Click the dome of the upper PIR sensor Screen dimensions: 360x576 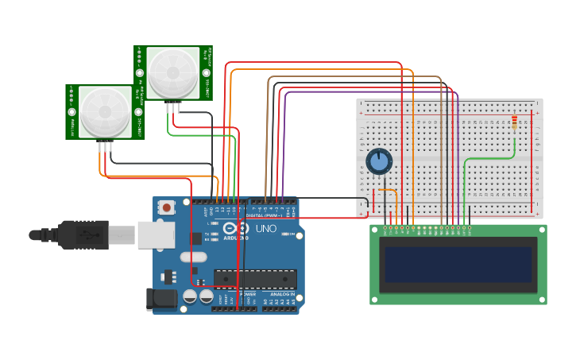173,72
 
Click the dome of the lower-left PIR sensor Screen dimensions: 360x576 105,111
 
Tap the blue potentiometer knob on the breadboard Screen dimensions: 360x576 379,161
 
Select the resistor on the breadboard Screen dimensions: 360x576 514,122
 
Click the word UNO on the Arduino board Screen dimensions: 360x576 265,229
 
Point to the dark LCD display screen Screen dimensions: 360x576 458,264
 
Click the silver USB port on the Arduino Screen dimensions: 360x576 156,234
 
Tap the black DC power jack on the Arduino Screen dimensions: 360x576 161,299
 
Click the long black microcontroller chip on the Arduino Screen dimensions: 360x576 255,279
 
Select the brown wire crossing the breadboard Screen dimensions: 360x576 441,151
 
